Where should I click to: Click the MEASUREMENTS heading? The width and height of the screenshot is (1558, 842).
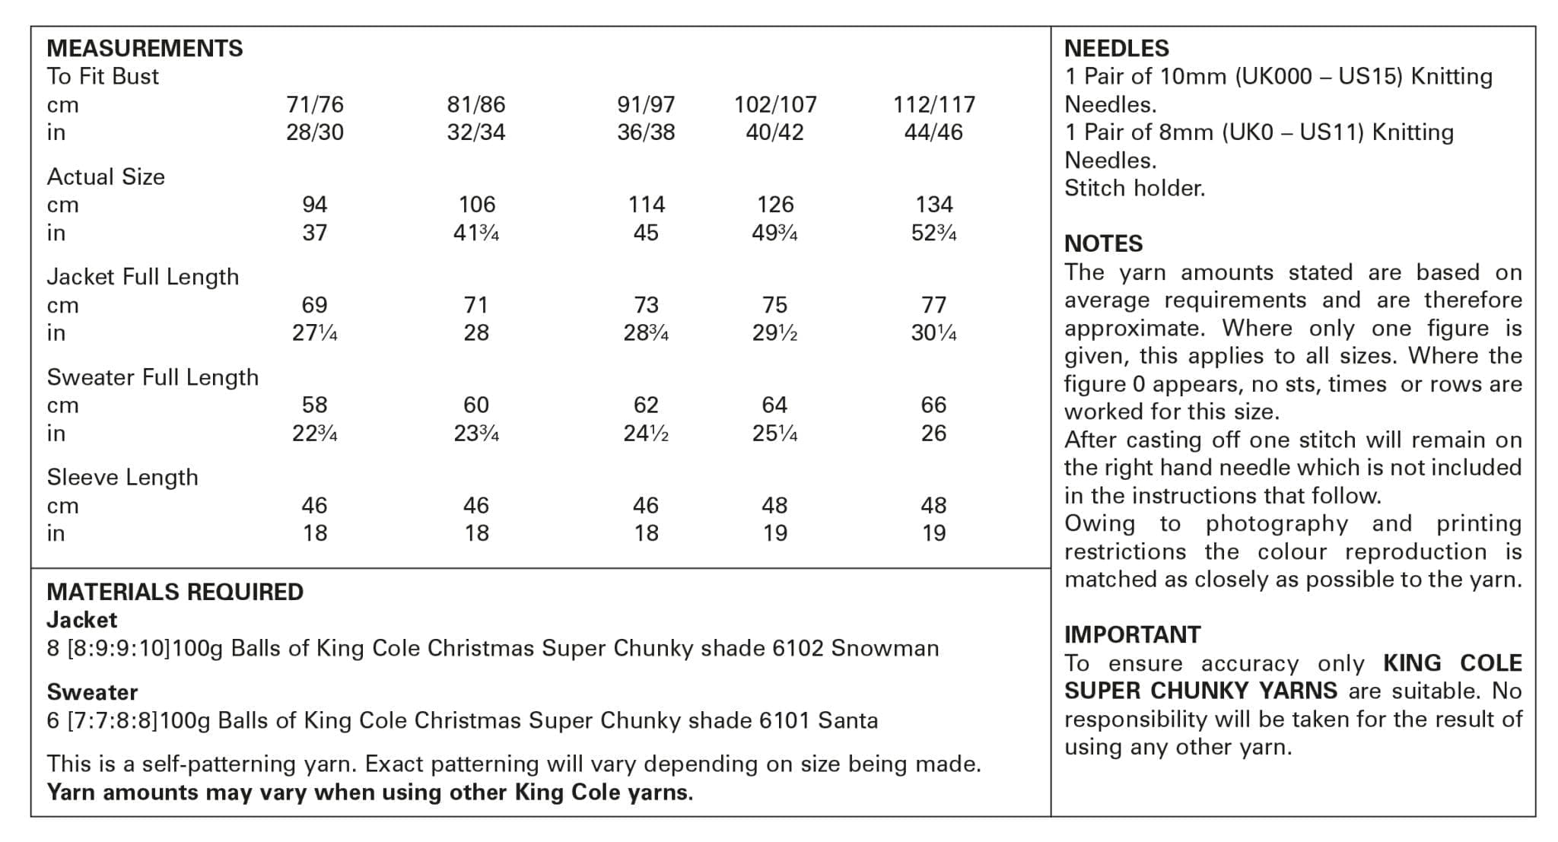tap(145, 49)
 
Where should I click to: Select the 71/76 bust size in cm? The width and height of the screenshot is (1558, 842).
tap(314, 104)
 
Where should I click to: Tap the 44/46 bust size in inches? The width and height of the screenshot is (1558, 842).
tap(933, 132)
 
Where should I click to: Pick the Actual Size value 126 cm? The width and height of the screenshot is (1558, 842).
tap(774, 205)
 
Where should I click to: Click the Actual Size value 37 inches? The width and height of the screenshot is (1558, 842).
tap(314, 233)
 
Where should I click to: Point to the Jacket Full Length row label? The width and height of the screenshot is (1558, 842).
tap(142, 277)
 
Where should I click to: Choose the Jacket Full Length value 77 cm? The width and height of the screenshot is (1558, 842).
tap(933, 305)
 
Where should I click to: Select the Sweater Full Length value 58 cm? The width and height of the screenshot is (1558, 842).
tap(314, 405)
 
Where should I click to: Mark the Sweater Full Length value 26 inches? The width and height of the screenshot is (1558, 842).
tap(933, 434)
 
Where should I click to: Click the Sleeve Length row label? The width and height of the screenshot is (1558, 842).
tap(122, 478)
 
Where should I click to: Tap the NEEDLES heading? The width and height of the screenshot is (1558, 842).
tap(1116, 49)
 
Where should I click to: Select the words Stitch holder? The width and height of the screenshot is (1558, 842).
tap(1134, 188)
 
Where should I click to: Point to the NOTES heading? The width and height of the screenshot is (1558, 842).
tap(1103, 244)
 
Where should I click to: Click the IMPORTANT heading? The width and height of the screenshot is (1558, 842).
tap(1132, 634)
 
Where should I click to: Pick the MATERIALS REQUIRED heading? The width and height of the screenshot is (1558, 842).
tap(175, 592)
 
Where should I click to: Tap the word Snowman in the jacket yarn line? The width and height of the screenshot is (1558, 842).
tap(884, 648)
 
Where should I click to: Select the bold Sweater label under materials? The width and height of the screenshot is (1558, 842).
tap(92, 692)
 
